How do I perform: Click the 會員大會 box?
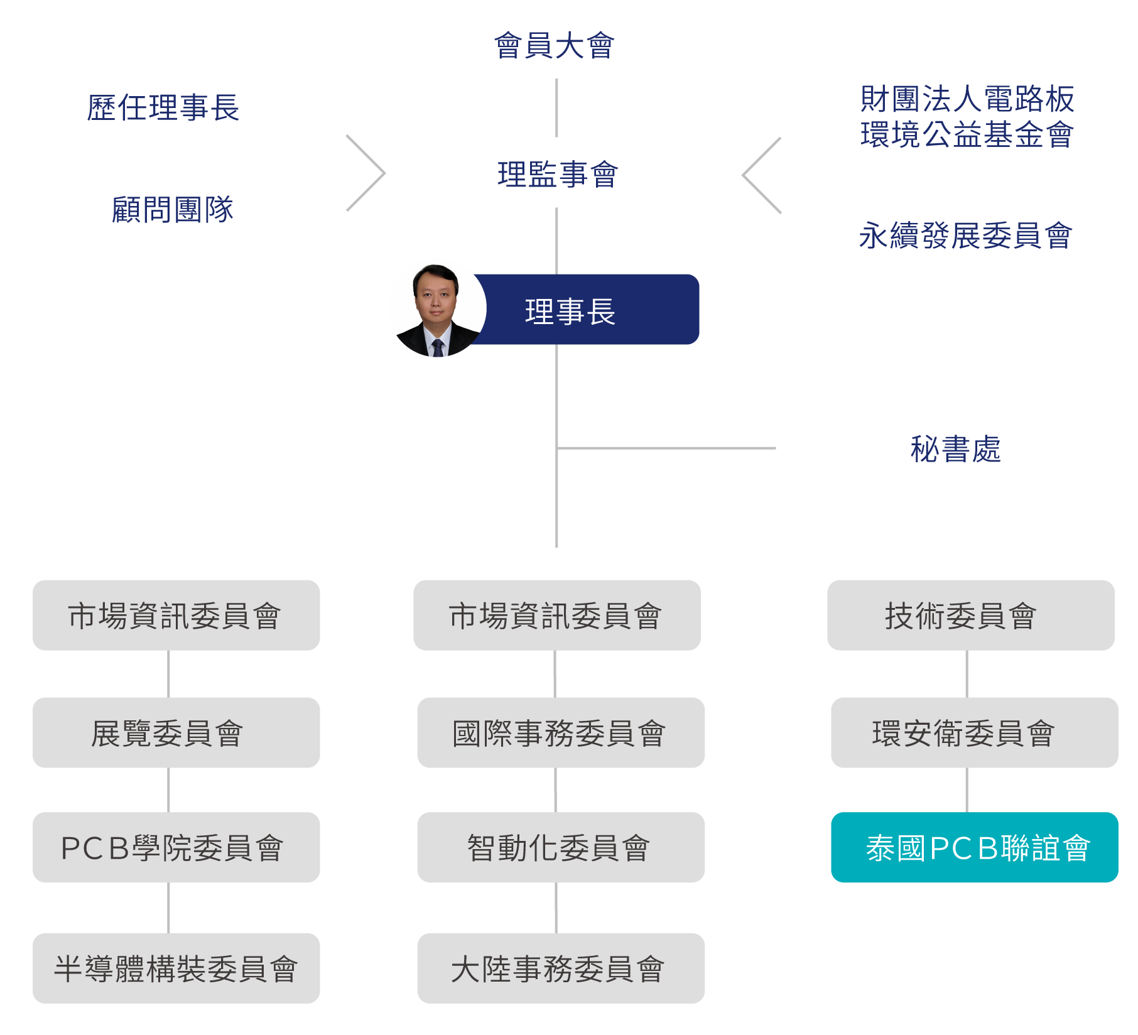click(557, 44)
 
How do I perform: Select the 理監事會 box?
click(557, 173)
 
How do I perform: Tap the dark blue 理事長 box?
click(584, 310)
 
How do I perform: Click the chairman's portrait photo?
click(437, 308)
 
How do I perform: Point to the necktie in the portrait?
click(438, 348)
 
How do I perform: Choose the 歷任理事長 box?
click(170, 107)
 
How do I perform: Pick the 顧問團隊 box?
click(170, 210)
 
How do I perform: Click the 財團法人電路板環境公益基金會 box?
click(963, 117)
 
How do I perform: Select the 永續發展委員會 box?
click(963, 236)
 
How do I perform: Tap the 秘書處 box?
click(968, 449)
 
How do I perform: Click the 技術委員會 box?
click(970, 615)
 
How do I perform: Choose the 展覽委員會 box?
click(176, 732)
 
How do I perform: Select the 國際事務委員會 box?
click(560, 732)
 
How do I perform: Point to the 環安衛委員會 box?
click(974, 732)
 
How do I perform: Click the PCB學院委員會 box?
click(176, 847)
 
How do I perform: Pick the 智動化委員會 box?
click(560, 847)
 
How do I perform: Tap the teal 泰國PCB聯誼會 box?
click(974, 847)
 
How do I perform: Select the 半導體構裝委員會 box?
click(176, 968)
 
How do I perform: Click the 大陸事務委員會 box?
click(560, 968)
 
